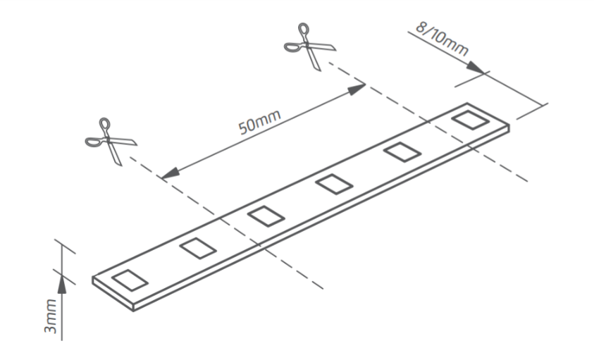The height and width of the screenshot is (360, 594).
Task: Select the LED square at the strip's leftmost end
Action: pyautogui.click(x=129, y=279)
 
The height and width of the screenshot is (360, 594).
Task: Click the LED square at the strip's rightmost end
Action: pyautogui.click(x=469, y=120)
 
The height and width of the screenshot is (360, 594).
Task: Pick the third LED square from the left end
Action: pyautogui.click(x=266, y=215)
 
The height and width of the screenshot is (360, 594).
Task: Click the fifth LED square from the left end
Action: pyautogui.click(x=401, y=151)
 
